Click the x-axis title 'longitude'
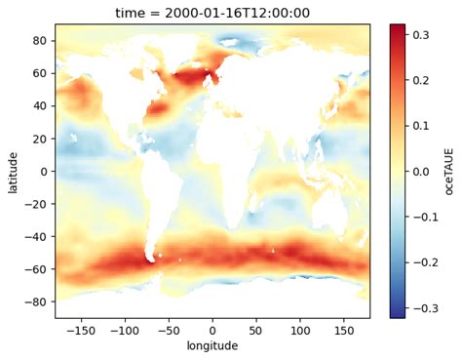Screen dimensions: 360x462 pyautogui.click(x=212, y=347)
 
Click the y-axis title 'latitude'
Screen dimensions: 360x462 pyautogui.click(x=13, y=171)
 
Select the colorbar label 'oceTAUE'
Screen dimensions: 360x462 pyautogui.click(x=449, y=171)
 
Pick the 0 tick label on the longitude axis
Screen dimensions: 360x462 pyautogui.click(x=212, y=329)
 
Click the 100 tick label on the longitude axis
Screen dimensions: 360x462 pyautogui.click(x=300, y=329)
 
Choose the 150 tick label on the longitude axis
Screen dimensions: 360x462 pyautogui.click(x=344, y=329)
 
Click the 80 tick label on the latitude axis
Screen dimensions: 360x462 pyautogui.click(x=42, y=41)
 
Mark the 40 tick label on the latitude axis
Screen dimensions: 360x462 pyautogui.click(x=42, y=106)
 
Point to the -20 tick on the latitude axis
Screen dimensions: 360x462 pyautogui.click(x=39, y=204)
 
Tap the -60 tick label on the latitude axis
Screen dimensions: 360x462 pyautogui.click(x=39, y=269)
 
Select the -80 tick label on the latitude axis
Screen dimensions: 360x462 pyautogui.click(x=39, y=301)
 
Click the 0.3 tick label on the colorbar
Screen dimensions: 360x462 pyautogui.click(x=426, y=34)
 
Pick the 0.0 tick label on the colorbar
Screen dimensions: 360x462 pyautogui.click(x=426, y=171)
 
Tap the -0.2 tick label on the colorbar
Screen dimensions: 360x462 pyautogui.click(x=424, y=262)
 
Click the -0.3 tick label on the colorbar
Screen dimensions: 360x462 pyautogui.click(x=424, y=308)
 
